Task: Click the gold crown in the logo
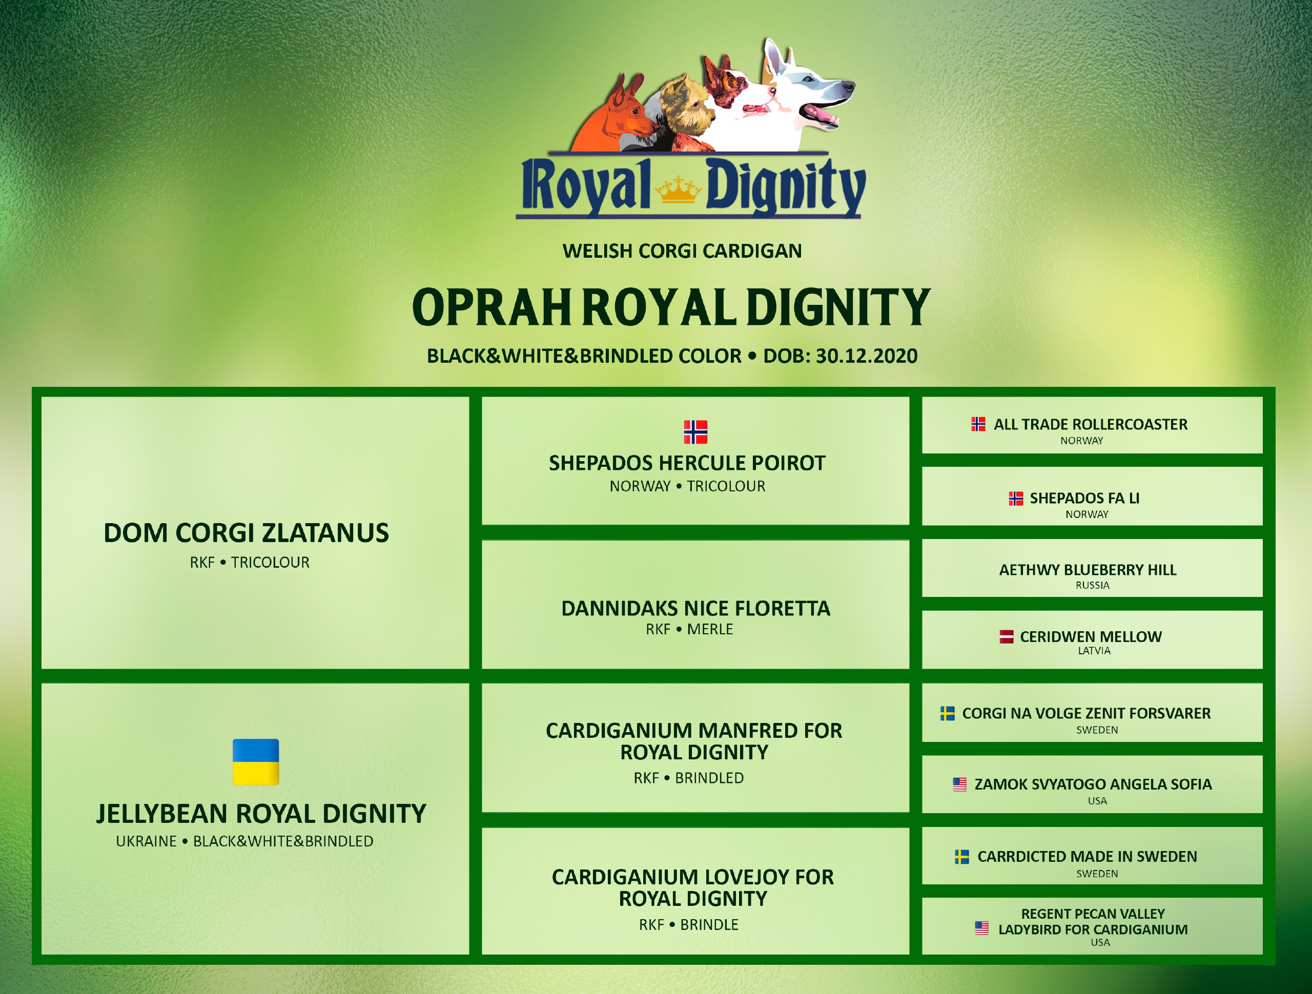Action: coord(679,190)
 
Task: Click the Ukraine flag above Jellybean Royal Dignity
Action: coord(256,761)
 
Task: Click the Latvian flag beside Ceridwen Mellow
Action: coord(1007,637)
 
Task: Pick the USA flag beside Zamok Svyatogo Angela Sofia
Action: coord(960,784)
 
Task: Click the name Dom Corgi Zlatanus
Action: coord(246,532)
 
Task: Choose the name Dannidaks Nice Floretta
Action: coord(696,609)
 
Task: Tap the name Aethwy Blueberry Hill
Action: coord(1088,570)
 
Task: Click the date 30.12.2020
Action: coord(867,356)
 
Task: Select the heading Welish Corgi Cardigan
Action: coord(682,251)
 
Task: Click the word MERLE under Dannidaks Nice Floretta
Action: coord(710,629)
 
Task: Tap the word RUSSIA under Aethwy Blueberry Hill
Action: coord(1093,585)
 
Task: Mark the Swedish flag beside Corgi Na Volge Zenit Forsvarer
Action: coord(948,713)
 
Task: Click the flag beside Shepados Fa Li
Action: coord(1016,498)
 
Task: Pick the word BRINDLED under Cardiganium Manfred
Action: coord(709,778)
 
